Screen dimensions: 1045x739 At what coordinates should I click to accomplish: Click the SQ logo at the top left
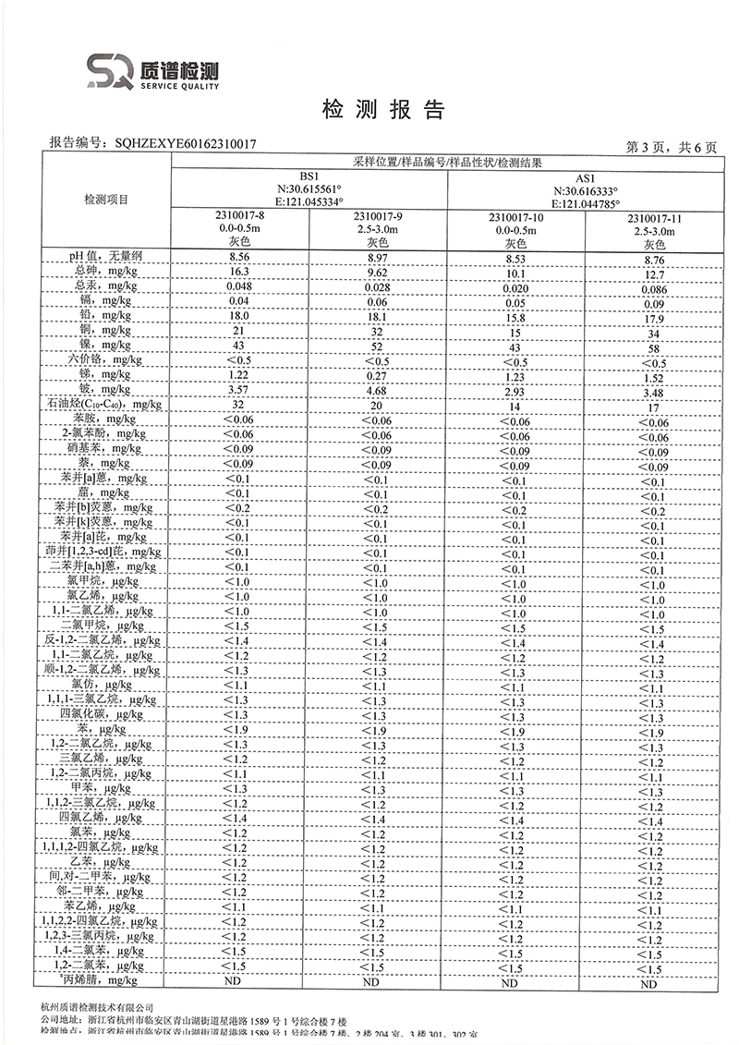coord(112,71)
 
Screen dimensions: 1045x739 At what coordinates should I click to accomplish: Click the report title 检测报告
coord(382,111)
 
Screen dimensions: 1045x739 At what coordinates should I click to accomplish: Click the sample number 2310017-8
coord(240,215)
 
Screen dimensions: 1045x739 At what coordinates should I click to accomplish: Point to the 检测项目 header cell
coord(106,200)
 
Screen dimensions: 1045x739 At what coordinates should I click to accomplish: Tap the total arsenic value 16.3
coord(240,271)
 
